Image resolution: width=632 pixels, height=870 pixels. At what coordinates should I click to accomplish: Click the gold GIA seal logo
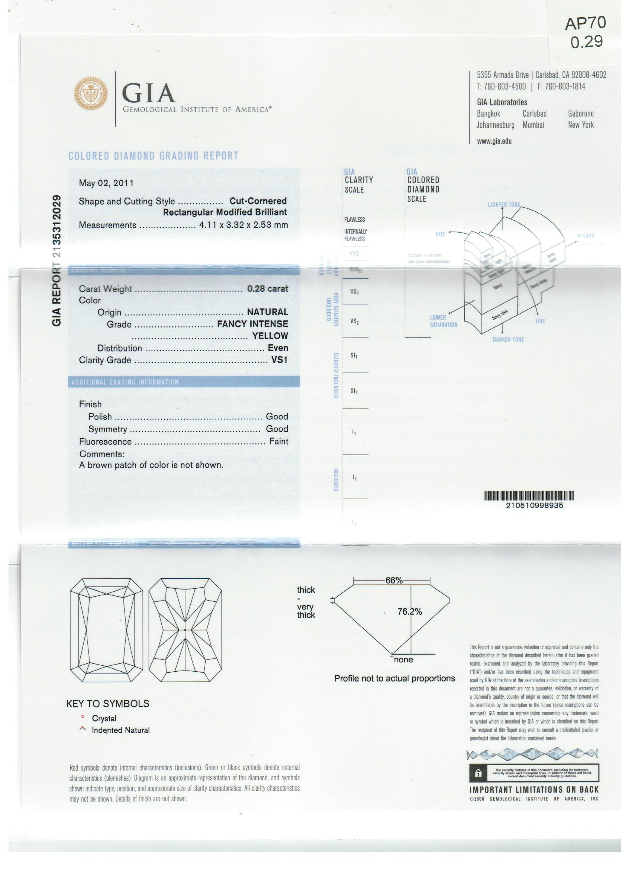90,94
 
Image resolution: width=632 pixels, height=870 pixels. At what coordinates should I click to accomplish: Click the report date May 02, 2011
106,183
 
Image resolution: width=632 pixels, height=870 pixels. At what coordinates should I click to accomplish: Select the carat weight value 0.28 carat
267,288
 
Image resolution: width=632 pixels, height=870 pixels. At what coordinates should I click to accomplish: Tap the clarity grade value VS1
279,360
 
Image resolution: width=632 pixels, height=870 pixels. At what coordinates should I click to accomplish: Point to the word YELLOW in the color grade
270,336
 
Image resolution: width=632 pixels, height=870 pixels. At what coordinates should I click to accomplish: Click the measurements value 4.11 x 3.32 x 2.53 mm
244,225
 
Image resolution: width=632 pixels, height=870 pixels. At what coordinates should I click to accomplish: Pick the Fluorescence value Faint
278,441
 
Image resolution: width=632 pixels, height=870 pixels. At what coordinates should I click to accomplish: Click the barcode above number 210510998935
529,496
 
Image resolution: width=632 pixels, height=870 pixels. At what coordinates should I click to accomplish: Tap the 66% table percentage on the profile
394,580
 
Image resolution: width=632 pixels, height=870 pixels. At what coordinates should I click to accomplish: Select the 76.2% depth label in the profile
409,611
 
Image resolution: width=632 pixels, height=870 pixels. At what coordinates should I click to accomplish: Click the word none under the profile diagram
403,659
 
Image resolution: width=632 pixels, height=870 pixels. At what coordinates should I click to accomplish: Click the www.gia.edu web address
494,141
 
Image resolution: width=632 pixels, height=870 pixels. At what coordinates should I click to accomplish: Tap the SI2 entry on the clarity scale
354,391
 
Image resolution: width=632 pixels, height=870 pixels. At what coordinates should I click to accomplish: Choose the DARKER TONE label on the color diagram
508,339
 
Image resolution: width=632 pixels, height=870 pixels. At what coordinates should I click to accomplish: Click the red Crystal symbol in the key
83,717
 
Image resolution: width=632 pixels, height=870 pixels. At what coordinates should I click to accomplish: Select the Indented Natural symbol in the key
83,729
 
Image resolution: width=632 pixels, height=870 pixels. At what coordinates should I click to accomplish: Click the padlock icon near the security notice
478,774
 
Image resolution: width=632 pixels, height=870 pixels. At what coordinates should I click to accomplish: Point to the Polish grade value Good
277,416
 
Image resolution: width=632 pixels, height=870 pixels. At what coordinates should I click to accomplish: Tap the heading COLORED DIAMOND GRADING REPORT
153,156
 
